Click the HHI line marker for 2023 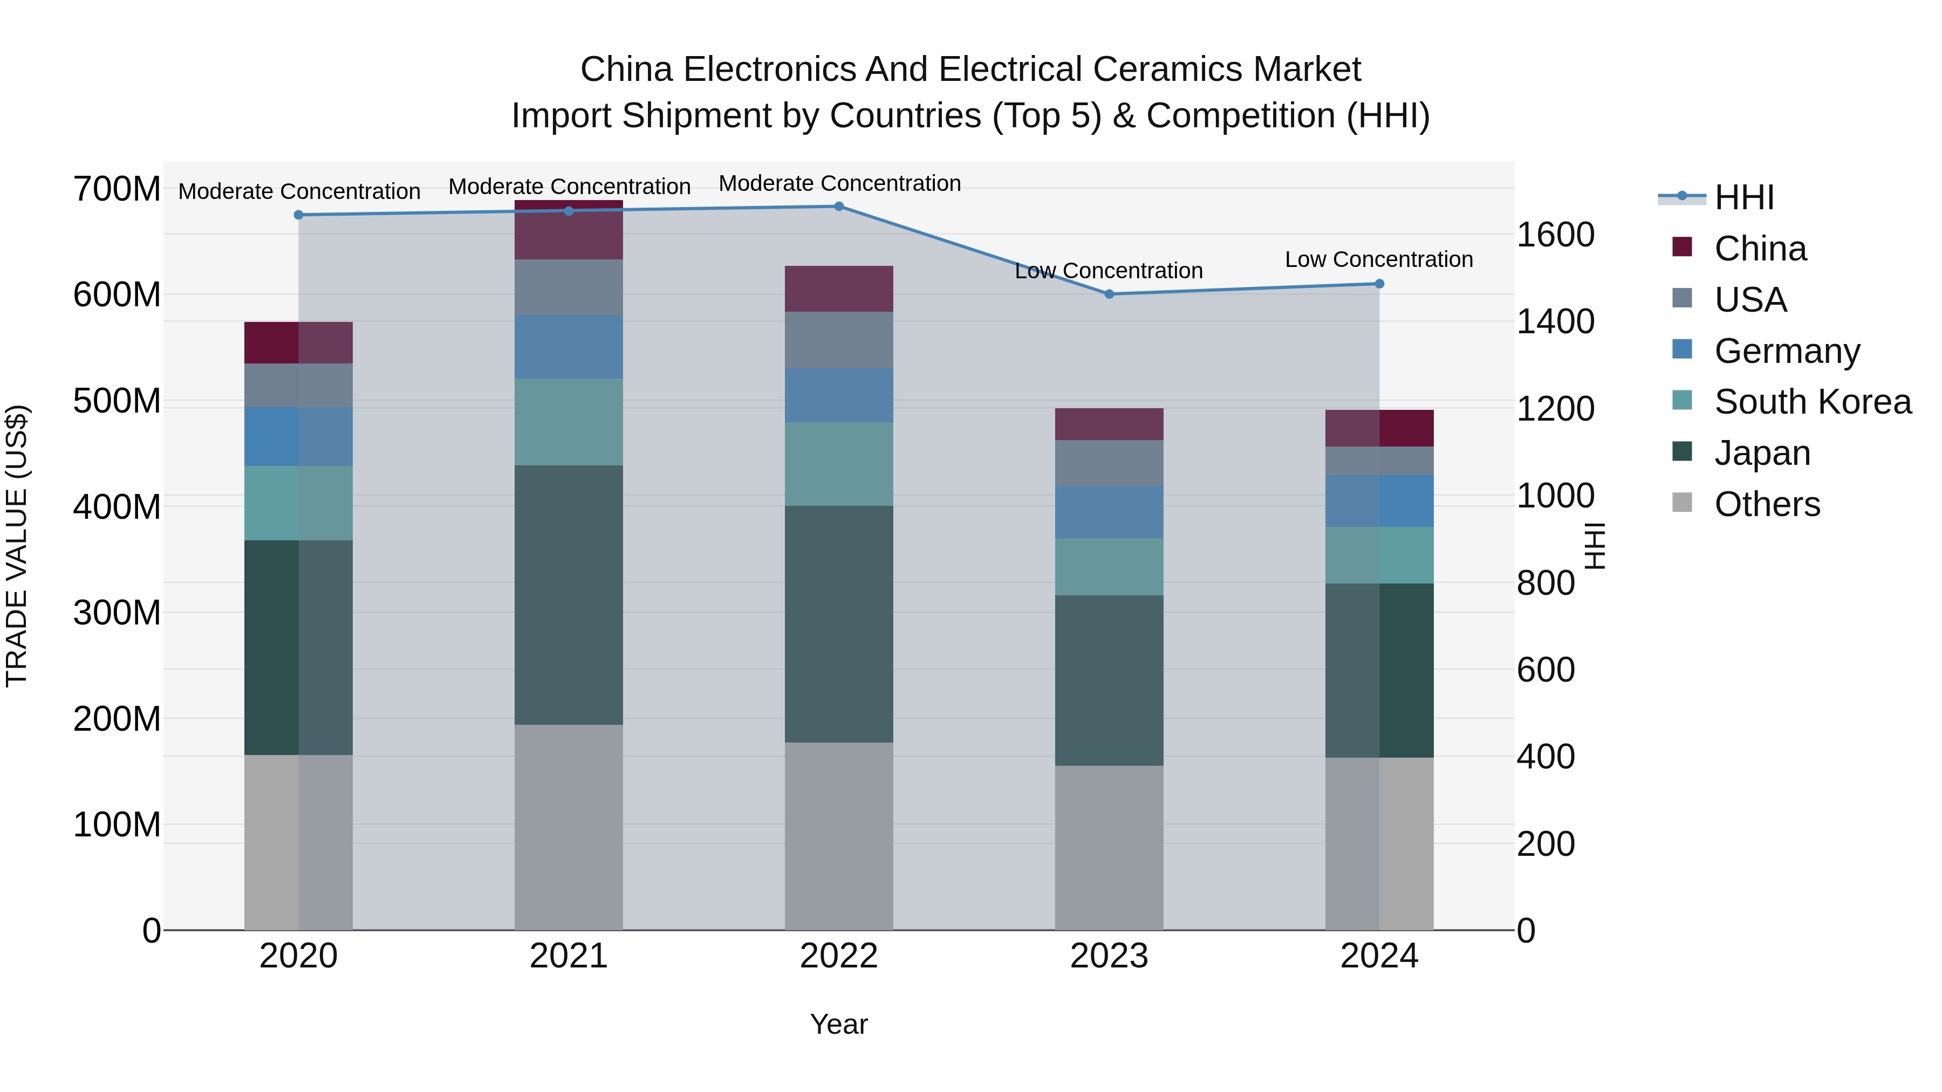(1109, 294)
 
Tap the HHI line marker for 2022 (838, 207)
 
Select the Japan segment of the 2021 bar (569, 595)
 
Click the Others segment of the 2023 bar (1109, 847)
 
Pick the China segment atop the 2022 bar (838, 289)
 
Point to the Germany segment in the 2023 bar (1109, 512)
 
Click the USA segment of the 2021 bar (569, 287)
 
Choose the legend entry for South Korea (1813, 402)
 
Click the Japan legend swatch (1682, 452)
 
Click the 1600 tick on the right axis (1555, 235)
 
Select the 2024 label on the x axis (1379, 956)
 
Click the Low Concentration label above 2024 (1378, 259)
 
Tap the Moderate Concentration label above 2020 (299, 191)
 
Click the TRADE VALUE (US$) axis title (17, 546)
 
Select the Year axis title (838, 1024)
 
